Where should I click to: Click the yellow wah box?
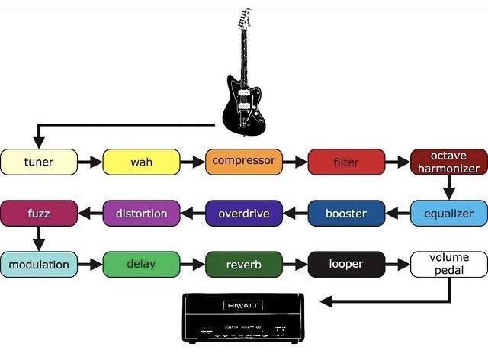pyautogui.click(x=141, y=162)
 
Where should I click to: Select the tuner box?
pyautogui.click(x=39, y=162)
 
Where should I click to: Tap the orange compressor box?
pyautogui.click(x=244, y=162)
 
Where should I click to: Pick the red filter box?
pyautogui.click(x=346, y=162)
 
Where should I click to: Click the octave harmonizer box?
pyautogui.click(x=449, y=162)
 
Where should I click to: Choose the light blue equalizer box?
pyautogui.click(x=449, y=214)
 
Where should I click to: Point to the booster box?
pyautogui.click(x=346, y=214)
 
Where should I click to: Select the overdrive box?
pyautogui.click(x=244, y=214)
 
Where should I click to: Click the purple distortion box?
pyautogui.click(x=141, y=214)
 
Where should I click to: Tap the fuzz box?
pyautogui.click(x=39, y=214)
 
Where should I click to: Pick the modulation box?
pyautogui.click(x=39, y=265)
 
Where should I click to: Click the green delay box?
pyautogui.click(x=141, y=265)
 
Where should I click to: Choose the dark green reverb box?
pyautogui.click(x=244, y=265)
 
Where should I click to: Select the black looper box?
pyautogui.click(x=346, y=265)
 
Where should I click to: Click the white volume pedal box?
pyautogui.click(x=449, y=265)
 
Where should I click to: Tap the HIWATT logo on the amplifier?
pyautogui.click(x=243, y=306)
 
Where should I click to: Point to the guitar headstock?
pyautogui.click(x=244, y=18)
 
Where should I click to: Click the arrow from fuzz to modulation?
pyautogui.click(x=39, y=239)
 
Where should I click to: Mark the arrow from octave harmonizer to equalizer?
pyautogui.click(x=449, y=188)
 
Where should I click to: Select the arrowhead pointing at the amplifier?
pyautogui.click(x=326, y=301)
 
